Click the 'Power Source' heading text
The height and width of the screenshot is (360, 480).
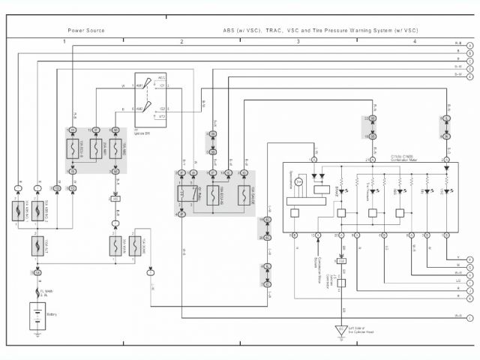86,31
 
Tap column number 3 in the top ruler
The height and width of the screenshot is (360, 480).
298,40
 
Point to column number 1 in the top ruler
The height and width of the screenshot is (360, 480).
64,40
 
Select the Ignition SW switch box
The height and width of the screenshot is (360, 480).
150,99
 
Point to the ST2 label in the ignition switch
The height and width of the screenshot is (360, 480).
162,116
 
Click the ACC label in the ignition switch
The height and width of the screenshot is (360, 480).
162,77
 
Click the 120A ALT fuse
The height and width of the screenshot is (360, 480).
36,244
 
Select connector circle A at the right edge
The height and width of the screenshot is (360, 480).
469,44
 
